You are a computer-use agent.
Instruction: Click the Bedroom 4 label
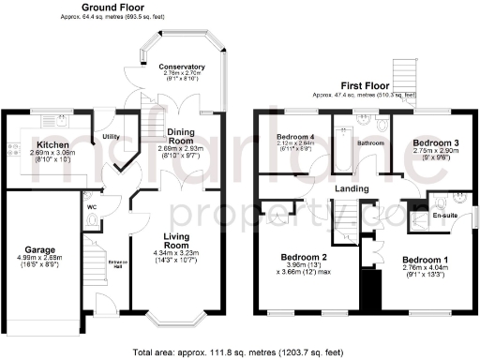point(295,137)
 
